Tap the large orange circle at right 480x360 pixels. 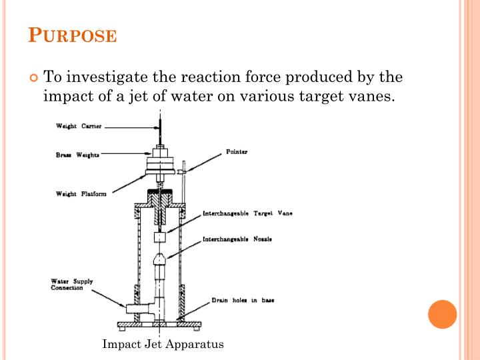[x=442, y=314]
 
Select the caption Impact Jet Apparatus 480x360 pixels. [x=163, y=344]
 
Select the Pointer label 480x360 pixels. [x=237, y=151]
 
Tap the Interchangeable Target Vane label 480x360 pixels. [x=247, y=214]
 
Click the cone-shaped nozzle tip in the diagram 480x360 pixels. [x=160, y=259]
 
